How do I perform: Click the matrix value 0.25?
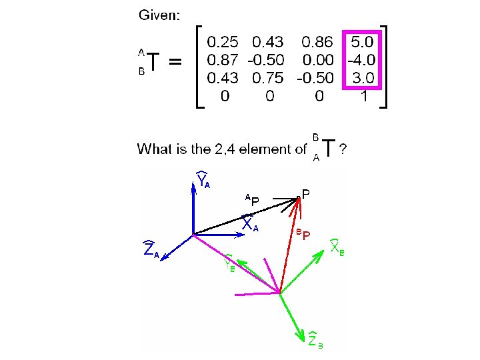[x=223, y=42]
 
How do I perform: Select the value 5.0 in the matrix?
[x=362, y=42]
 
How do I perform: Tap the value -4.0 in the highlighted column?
[x=361, y=60]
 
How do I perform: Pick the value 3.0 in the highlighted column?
[x=362, y=78]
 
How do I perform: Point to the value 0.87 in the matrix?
[x=223, y=60]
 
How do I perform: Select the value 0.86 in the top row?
[x=318, y=42]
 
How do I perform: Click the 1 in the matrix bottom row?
[x=363, y=96]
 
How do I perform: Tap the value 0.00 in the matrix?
[x=318, y=60]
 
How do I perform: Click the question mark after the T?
[x=343, y=149]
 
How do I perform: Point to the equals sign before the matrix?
[x=175, y=62]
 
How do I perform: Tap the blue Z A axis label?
[x=151, y=250]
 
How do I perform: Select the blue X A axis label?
[x=250, y=224]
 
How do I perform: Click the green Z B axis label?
[x=315, y=340]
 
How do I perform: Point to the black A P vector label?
[x=251, y=199]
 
